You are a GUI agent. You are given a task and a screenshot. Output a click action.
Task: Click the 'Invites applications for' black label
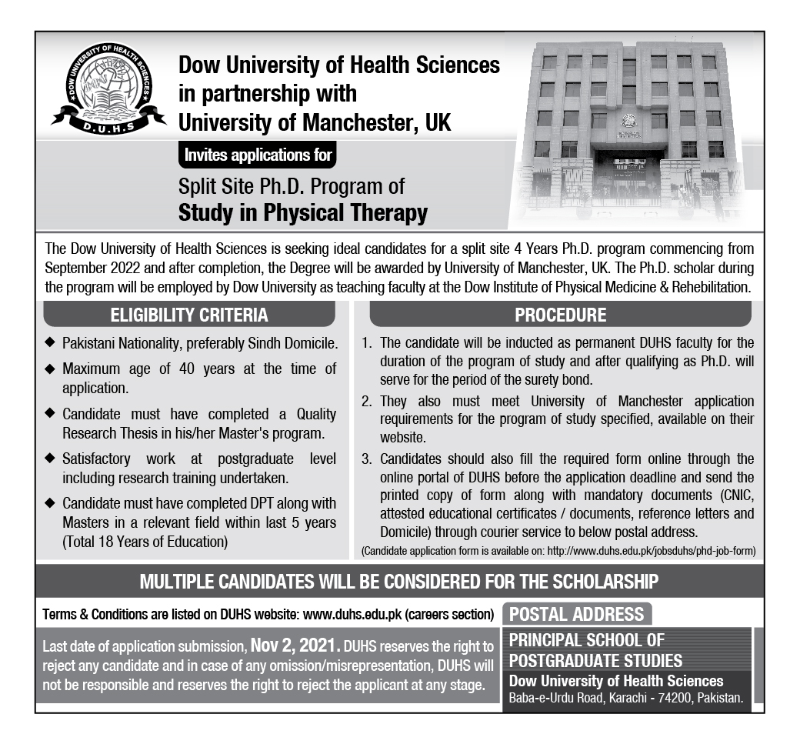pyautogui.click(x=258, y=155)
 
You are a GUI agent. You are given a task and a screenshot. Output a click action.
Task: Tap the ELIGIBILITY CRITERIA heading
pyautogui.click(x=189, y=315)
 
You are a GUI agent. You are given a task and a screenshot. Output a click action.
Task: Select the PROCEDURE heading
pyautogui.click(x=560, y=315)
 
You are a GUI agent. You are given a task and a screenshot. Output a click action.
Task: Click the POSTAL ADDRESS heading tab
pyautogui.click(x=577, y=614)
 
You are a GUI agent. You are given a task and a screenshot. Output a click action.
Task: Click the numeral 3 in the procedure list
pyautogui.click(x=368, y=459)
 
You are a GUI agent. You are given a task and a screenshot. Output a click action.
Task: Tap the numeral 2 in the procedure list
pyautogui.click(x=368, y=402)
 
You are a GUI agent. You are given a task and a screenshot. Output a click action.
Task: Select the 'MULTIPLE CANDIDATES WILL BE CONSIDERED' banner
pyautogui.click(x=399, y=581)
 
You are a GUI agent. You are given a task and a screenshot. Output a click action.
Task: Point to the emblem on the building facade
pyautogui.click(x=630, y=121)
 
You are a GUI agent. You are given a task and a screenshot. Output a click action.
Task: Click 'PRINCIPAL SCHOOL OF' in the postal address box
pyautogui.click(x=587, y=640)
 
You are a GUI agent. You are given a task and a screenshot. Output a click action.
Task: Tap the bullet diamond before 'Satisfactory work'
pyautogui.click(x=50, y=459)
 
